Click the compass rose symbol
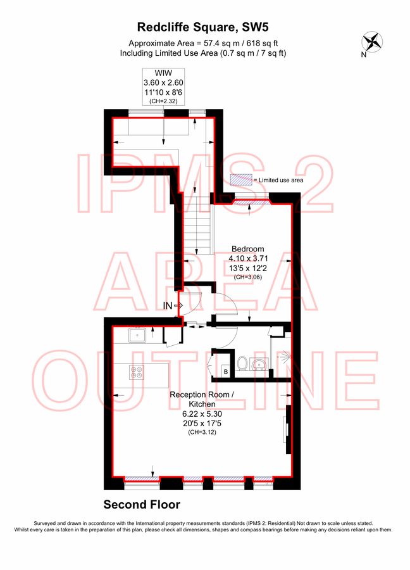coord(372,42)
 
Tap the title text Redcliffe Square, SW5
coord(203,27)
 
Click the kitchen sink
coord(137,335)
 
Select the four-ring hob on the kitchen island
coord(137,372)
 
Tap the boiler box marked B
coord(226,372)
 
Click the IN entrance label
coord(168,306)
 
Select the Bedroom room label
coord(247,249)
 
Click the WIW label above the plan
coord(163,73)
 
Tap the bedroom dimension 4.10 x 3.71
coord(248,258)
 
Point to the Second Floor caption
coord(142,505)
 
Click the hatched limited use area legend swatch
coord(241,180)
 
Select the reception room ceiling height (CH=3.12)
coord(202,432)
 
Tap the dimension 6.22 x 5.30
coord(202,414)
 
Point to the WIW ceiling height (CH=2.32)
coord(163,101)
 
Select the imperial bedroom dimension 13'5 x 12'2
coord(248,269)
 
